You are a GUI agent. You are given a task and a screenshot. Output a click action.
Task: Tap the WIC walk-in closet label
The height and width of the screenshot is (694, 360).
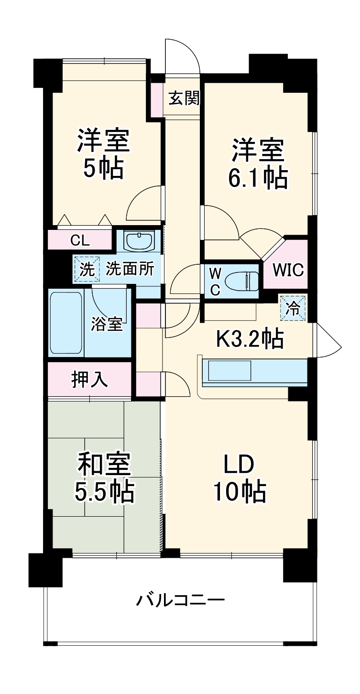click(288, 270)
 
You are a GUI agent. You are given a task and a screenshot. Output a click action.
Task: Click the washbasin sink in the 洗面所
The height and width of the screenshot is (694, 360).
click(139, 241)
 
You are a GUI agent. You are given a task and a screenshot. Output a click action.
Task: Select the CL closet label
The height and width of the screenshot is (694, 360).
click(79, 240)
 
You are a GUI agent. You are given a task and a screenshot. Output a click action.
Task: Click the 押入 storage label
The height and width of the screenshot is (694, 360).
click(89, 380)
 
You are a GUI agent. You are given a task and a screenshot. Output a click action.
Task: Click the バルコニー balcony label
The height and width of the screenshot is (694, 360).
click(180, 600)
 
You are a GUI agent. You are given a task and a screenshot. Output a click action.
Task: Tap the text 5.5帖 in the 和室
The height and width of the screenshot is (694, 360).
click(104, 491)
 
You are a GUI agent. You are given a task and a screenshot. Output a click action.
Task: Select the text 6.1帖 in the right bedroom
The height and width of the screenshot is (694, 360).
click(258, 178)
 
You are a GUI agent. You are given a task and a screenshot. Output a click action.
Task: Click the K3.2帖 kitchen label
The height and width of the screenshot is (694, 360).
click(250, 339)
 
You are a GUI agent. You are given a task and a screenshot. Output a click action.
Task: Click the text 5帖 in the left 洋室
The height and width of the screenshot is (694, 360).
click(103, 168)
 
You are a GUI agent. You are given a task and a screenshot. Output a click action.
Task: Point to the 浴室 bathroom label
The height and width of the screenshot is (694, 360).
click(107, 325)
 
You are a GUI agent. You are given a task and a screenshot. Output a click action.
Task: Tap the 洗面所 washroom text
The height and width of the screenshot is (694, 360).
click(130, 269)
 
